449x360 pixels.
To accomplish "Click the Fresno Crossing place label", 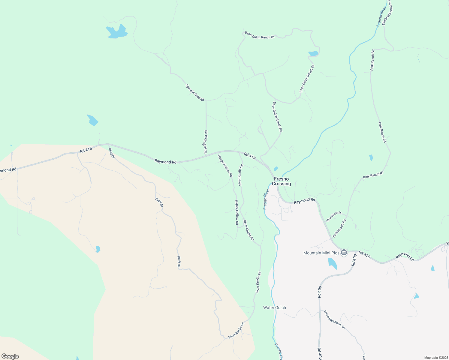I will click(281, 181).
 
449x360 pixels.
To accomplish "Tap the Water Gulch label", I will click(274, 307).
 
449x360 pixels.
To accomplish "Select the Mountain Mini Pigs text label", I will click(321, 253).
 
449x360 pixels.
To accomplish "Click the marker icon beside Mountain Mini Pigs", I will click(344, 253).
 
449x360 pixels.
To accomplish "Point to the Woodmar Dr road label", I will click(334, 216).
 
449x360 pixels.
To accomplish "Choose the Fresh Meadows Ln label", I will click(334, 319).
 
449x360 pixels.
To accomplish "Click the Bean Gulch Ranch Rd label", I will click(277, 117).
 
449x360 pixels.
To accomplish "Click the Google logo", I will click(10, 356).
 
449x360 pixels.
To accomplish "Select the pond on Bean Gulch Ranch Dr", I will click(313, 54).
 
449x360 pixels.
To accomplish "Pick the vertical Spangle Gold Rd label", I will click(206, 142).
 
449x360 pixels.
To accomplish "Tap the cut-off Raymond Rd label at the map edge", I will click(8, 170).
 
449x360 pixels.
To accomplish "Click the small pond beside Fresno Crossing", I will click(276, 169).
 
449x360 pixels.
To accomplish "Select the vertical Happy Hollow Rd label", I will click(237, 212).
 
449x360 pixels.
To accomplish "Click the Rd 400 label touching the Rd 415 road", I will click(354, 260).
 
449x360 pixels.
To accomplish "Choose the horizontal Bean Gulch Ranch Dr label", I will click(259, 35).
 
